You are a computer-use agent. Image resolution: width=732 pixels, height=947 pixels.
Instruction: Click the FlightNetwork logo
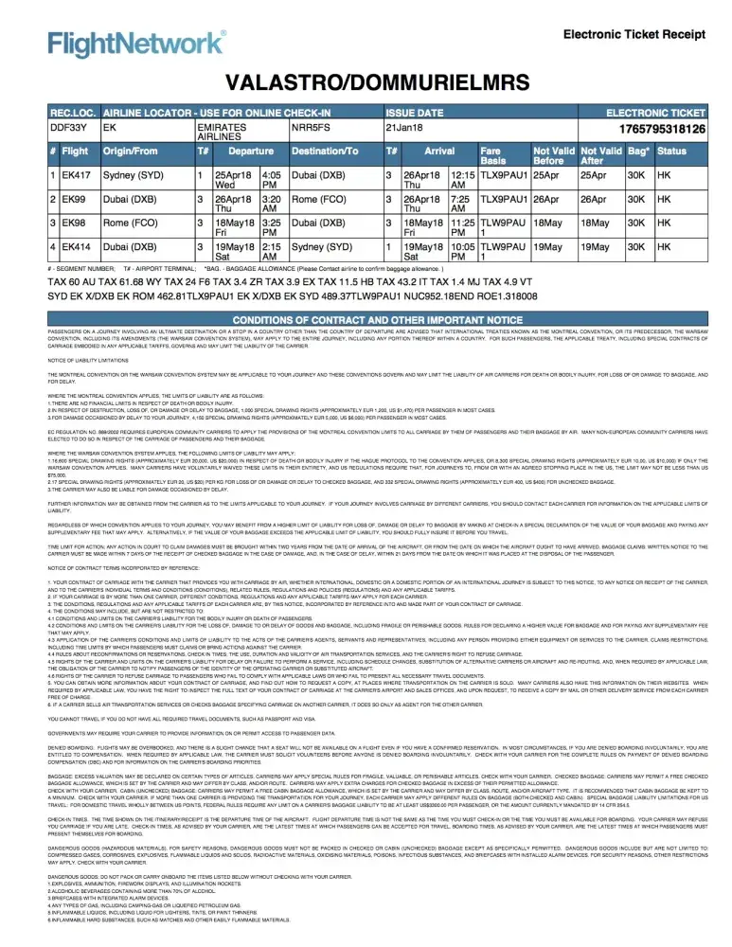tap(138, 44)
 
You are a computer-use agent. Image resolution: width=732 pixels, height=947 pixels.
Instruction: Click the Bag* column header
tap(638, 151)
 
